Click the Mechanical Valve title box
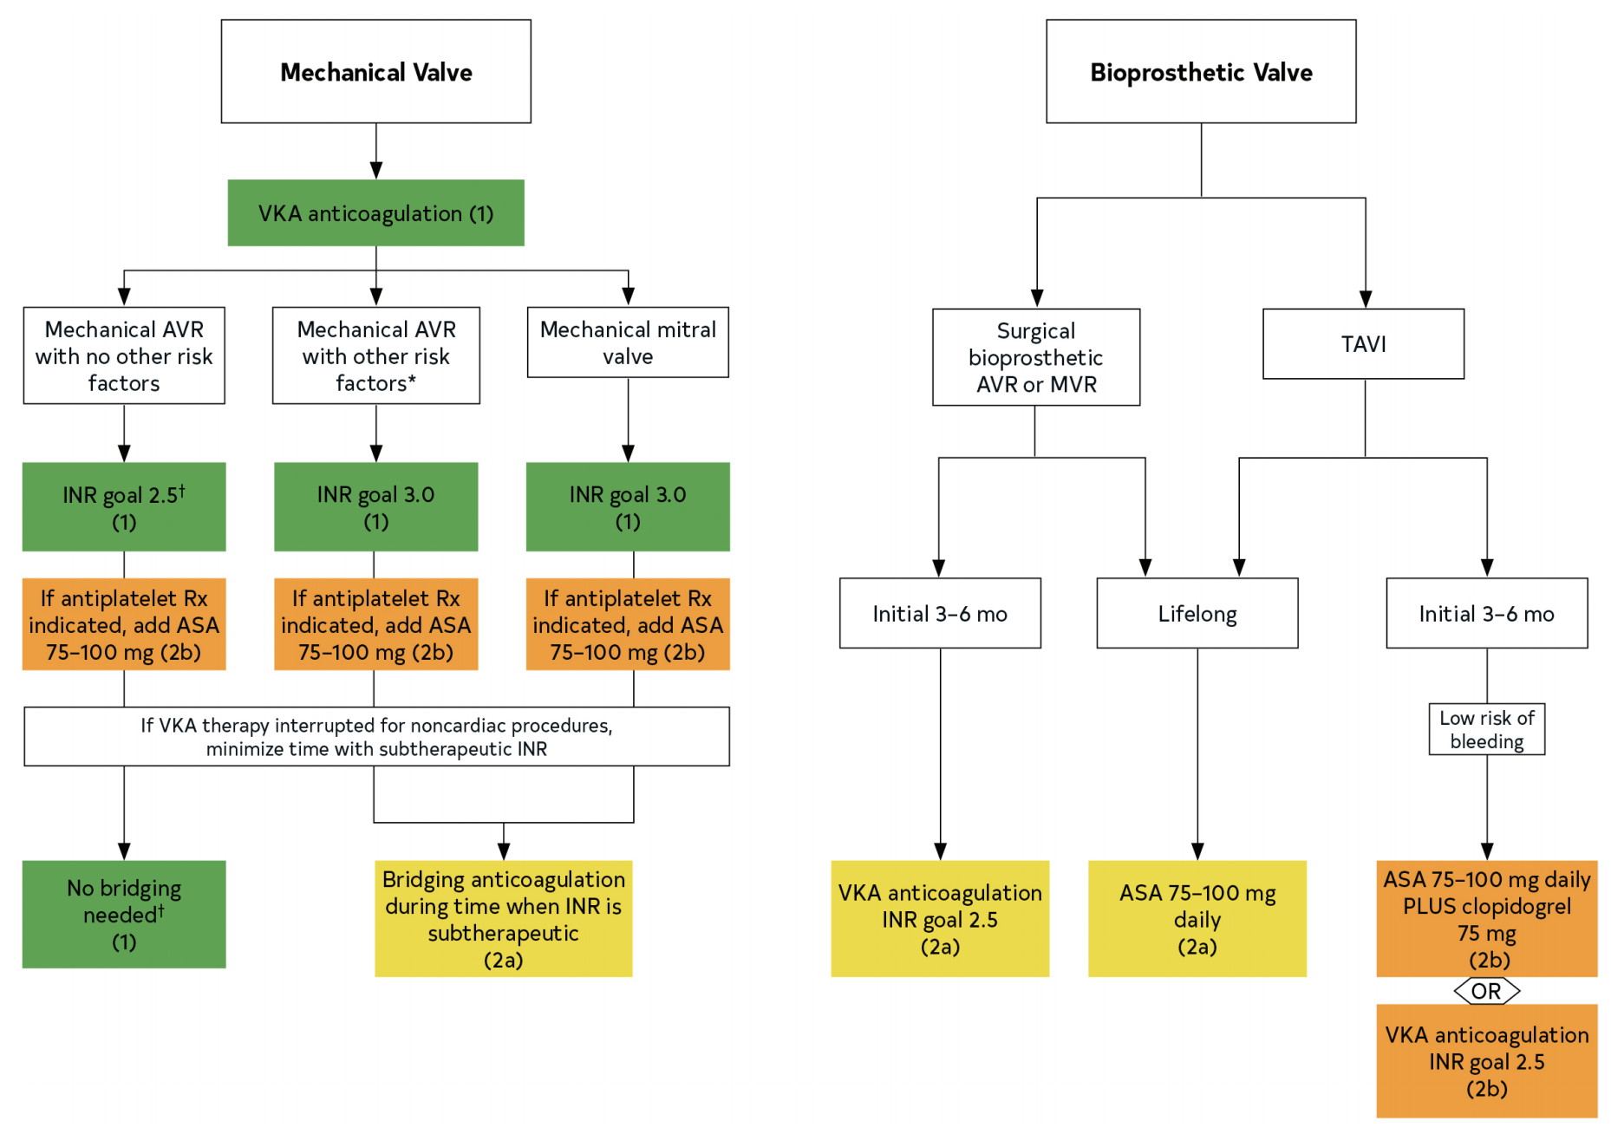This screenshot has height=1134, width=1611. (x=375, y=71)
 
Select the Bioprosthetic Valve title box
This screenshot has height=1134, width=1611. (x=1201, y=71)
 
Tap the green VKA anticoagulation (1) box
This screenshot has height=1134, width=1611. (x=375, y=213)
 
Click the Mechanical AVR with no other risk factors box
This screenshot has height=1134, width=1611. (x=124, y=355)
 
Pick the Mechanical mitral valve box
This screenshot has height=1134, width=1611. (x=628, y=342)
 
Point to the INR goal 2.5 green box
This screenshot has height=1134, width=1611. (x=124, y=507)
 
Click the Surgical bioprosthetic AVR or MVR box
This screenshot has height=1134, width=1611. (x=1036, y=357)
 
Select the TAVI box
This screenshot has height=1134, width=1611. (x=1364, y=344)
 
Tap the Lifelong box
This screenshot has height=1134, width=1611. (x=1197, y=614)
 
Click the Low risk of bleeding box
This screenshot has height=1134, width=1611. (x=1487, y=729)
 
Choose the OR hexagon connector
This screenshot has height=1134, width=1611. (x=1487, y=991)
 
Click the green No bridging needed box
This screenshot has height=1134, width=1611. (x=124, y=915)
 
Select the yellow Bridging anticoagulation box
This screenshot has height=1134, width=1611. (x=504, y=919)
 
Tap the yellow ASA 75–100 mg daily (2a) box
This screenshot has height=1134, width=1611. (x=1197, y=919)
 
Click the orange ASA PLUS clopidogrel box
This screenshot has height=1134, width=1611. (x=1487, y=919)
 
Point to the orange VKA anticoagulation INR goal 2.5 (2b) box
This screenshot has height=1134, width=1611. (x=1487, y=1061)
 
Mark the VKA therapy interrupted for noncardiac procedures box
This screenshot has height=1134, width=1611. (x=377, y=737)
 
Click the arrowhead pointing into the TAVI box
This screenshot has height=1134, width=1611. (x=1366, y=300)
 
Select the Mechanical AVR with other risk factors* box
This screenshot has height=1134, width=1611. (x=376, y=355)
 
